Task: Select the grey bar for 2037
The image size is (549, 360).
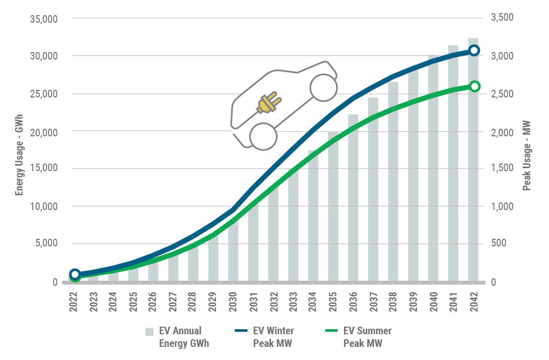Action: point(373,192)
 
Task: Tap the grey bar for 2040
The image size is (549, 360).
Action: point(433,172)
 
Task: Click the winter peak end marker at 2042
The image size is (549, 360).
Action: point(474,50)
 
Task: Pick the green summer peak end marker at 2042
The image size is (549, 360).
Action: point(474,86)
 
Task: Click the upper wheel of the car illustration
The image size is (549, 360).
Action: point(323,87)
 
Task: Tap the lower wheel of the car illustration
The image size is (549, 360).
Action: point(263,136)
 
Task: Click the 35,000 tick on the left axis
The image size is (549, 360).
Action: point(44,19)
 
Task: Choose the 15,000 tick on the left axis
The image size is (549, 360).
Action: point(44,169)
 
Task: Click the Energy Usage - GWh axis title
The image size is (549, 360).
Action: point(19,150)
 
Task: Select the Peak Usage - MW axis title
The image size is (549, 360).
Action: point(527,150)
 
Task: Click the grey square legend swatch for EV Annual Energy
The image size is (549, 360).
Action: point(149,332)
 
